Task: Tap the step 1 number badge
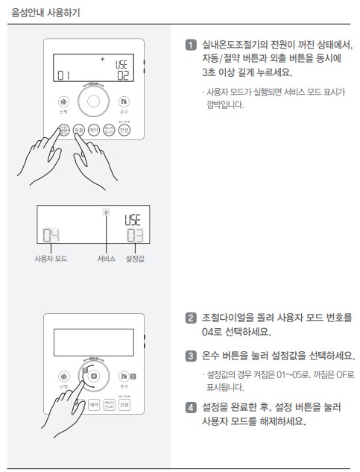189,45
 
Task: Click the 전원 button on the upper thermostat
124,130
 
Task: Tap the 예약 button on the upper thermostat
94,130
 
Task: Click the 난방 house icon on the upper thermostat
63,101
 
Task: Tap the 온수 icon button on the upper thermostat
124,101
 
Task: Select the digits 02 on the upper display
121,75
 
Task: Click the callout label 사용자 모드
51,259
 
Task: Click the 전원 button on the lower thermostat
124,405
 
